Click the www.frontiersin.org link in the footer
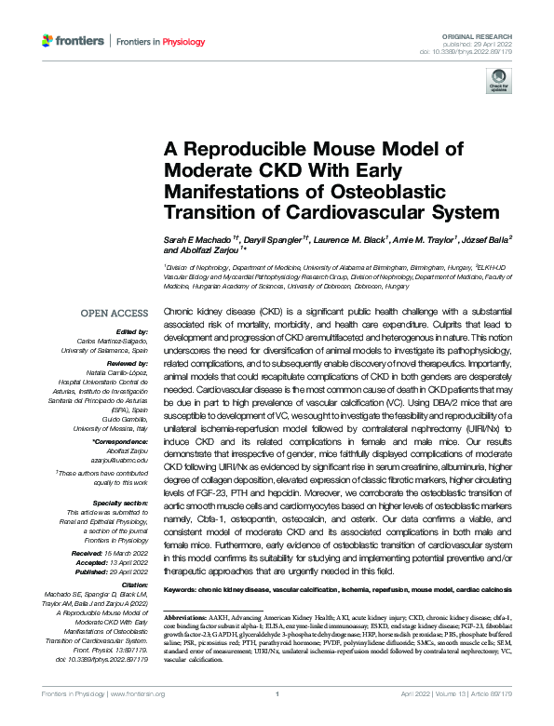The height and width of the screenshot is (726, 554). [142, 718]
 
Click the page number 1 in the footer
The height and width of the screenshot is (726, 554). [277, 718]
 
